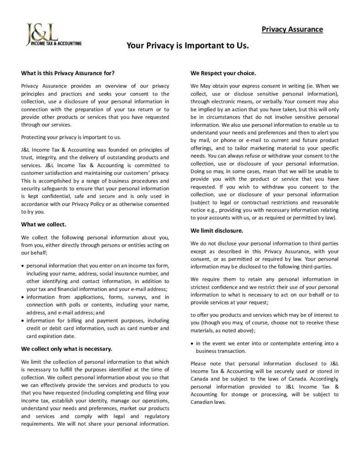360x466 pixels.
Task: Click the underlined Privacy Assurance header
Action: (x=292, y=30)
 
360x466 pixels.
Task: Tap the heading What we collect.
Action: (x=44, y=224)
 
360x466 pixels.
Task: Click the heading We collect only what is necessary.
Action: (x=66, y=349)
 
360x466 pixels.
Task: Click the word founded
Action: (x=114, y=150)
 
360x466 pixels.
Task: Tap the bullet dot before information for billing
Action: (x=23, y=320)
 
